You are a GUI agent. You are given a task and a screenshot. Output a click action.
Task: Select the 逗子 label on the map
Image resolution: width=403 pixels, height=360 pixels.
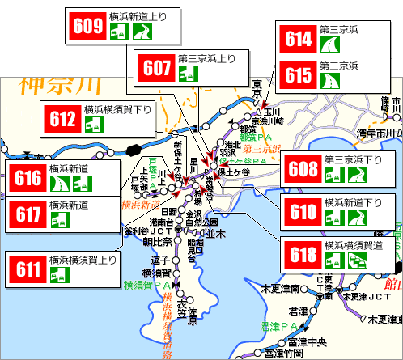coord(159,261)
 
